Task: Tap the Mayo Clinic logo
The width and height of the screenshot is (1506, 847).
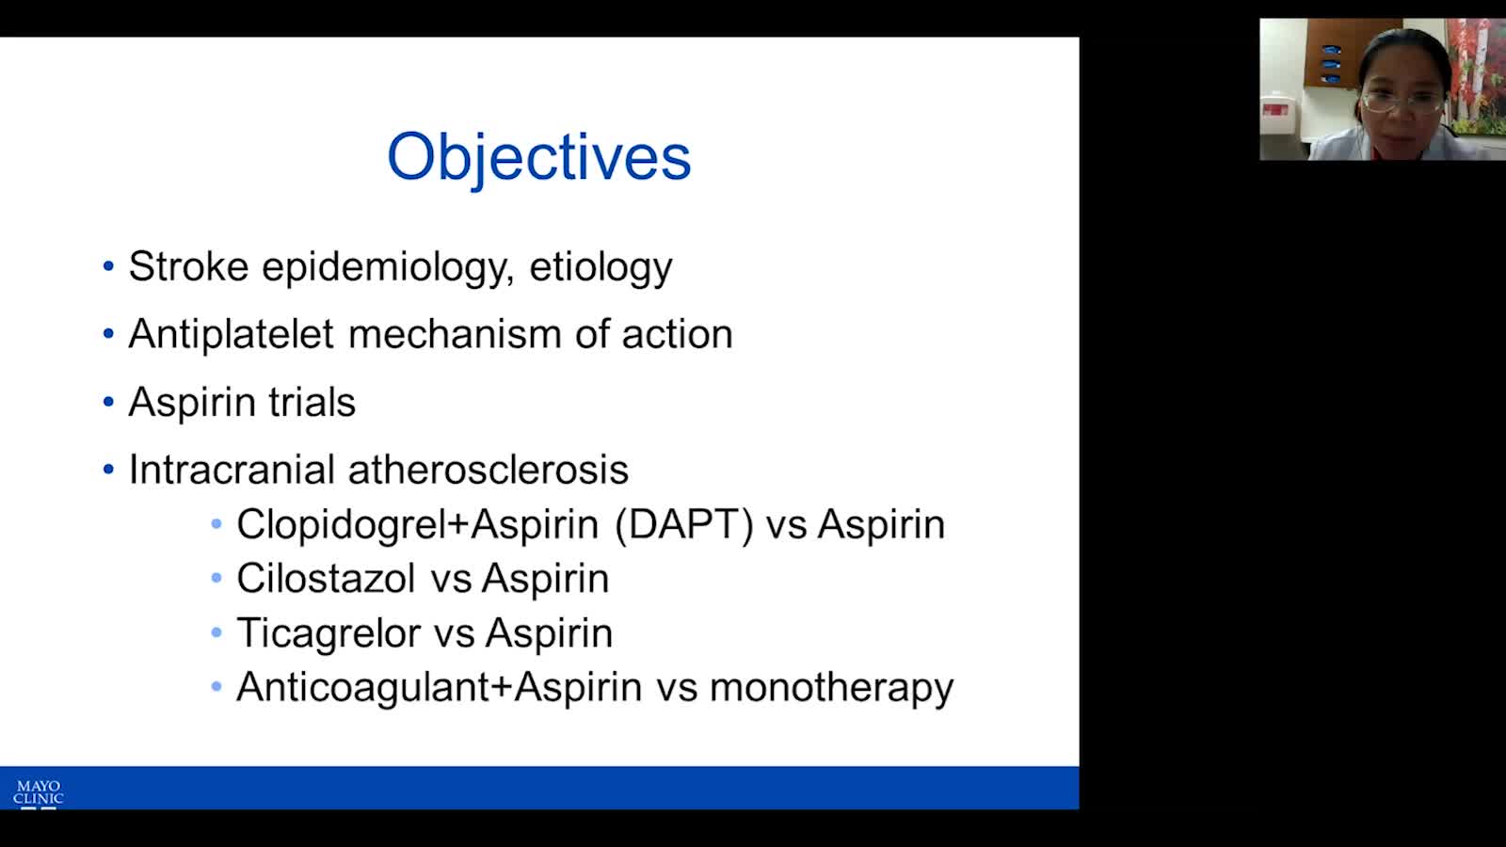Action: point(39,794)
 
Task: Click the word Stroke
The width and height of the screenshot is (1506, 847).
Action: point(188,266)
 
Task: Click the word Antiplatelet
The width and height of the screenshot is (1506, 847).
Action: point(231,334)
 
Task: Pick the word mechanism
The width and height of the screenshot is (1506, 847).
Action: point(455,334)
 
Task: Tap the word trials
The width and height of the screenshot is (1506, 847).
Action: point(312,402)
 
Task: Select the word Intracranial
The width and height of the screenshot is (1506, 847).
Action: point(232,470)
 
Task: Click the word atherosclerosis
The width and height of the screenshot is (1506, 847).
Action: point(489,470)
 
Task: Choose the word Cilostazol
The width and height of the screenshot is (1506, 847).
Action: point(326,578)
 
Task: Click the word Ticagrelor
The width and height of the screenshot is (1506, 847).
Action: point(328,634)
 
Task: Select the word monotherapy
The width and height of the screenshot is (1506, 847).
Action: point(832,689)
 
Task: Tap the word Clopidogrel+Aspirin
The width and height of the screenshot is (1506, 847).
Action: point(418,525)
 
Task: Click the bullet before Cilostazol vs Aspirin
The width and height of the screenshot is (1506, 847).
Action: point(216,578)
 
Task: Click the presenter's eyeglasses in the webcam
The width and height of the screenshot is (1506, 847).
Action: point(1402,103)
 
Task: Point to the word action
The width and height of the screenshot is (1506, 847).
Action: point(677,334)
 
